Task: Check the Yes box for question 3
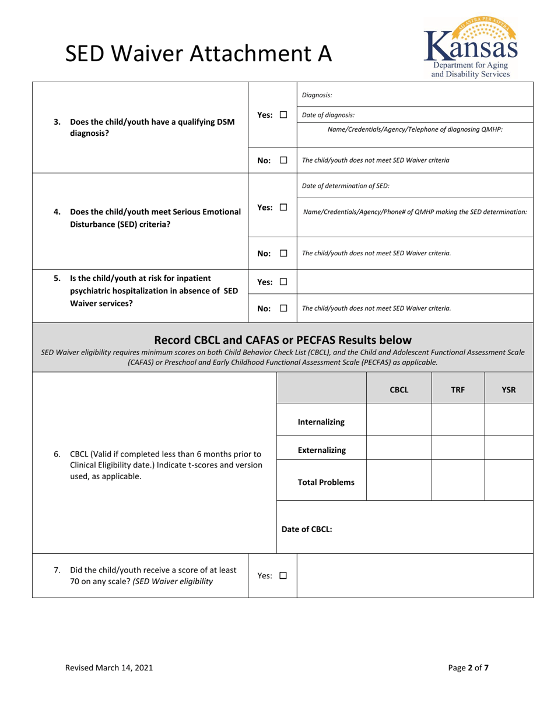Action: coord(283,115)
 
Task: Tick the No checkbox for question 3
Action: coord(283,160)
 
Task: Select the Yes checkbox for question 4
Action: coord(283,208)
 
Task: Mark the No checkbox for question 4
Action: coord(283,254)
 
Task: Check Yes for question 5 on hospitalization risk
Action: coord(283,282)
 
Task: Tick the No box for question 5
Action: coord(283,308)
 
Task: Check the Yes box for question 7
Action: coord(283,576)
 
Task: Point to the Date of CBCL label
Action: coord(307,529)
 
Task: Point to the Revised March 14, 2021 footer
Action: coord(109,668)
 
